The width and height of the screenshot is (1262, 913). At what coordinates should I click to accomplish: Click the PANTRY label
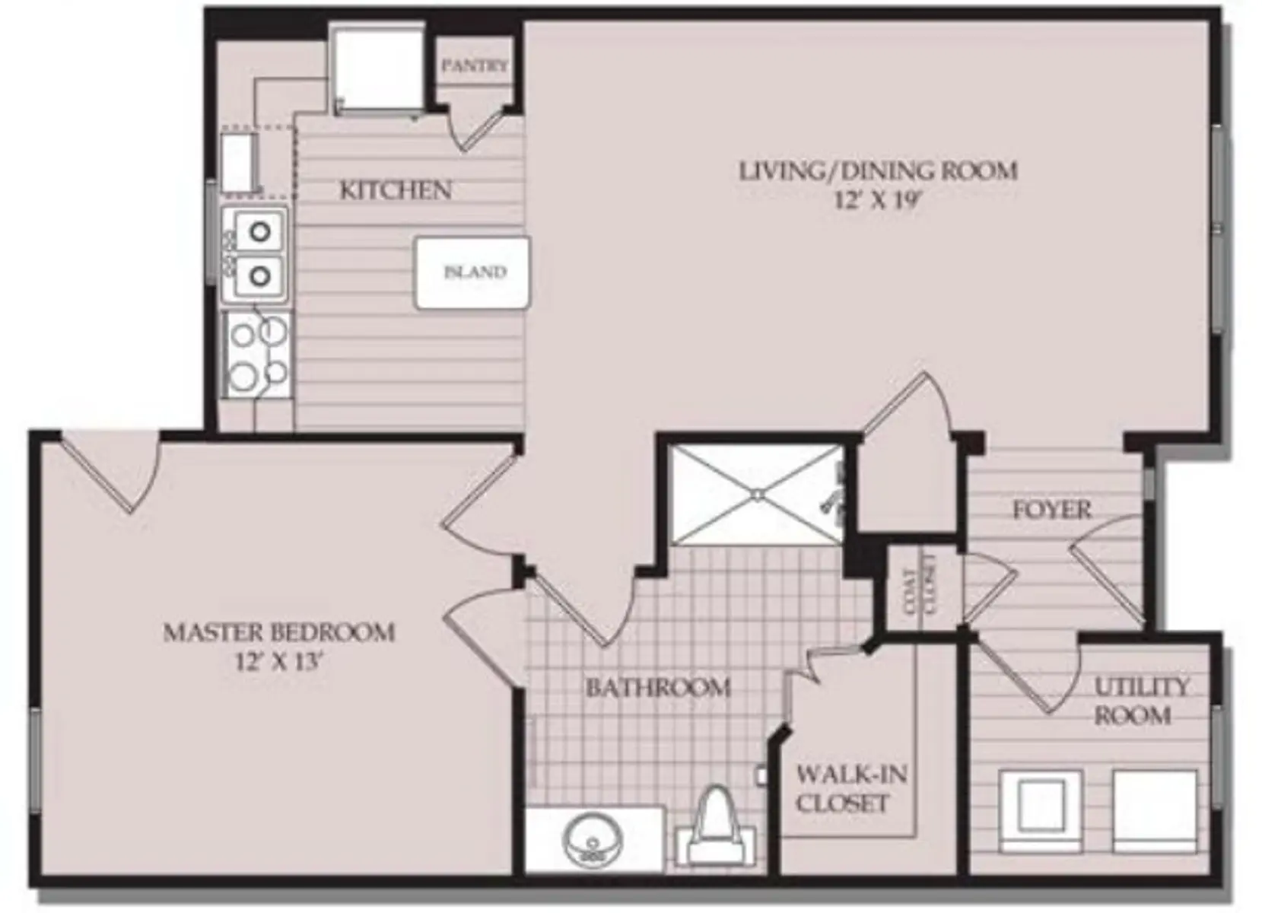pos(474,66)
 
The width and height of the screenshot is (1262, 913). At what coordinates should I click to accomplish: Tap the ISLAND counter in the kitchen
pos(472,272)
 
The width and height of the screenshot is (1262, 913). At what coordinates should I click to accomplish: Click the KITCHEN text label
pos(395,189)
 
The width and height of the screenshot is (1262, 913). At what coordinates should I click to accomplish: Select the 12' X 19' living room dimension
pos(878,200)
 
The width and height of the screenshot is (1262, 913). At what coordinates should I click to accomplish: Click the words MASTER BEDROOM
pos(279,632)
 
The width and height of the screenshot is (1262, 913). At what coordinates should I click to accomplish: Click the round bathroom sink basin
pos(593,841)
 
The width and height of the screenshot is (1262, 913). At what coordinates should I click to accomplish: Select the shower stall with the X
pos(757,495)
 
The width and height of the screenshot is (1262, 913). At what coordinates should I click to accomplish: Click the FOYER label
pos(1052,509)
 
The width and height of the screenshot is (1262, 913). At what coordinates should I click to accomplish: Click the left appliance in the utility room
pos(1041,810)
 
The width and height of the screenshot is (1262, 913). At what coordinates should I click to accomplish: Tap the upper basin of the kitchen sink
pos(259,231)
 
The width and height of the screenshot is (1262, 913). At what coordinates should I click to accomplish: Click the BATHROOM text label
pos(658,688)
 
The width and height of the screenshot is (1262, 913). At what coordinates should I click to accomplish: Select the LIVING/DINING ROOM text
pos(878,170)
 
